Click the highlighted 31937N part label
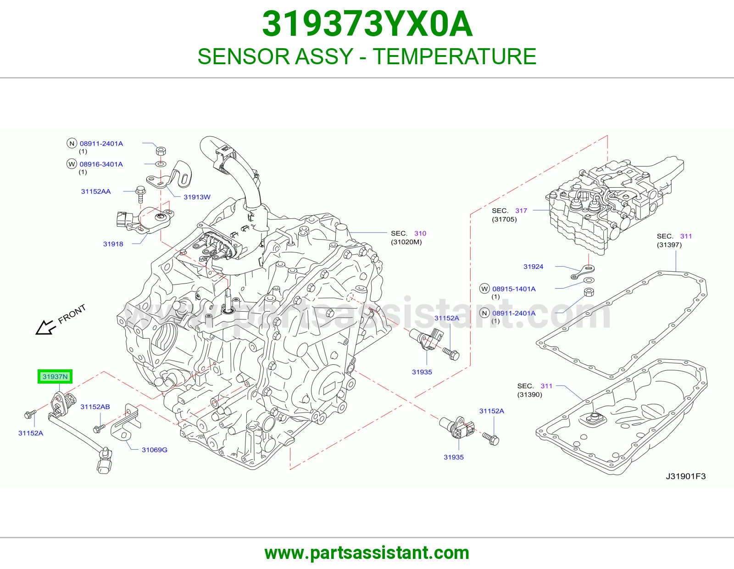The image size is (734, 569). tap(55, 376)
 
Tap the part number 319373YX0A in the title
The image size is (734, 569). tap(367, 24)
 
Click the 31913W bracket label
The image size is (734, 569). tap(197, 197)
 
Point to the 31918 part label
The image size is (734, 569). tap(113, 244)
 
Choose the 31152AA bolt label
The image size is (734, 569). tap(96, 191)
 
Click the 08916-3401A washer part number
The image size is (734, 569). tap(101, 164)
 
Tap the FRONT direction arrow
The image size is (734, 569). tap(45, 327)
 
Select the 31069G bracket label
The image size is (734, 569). tap(154, 450)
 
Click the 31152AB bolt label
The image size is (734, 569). tap(95, 407)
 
